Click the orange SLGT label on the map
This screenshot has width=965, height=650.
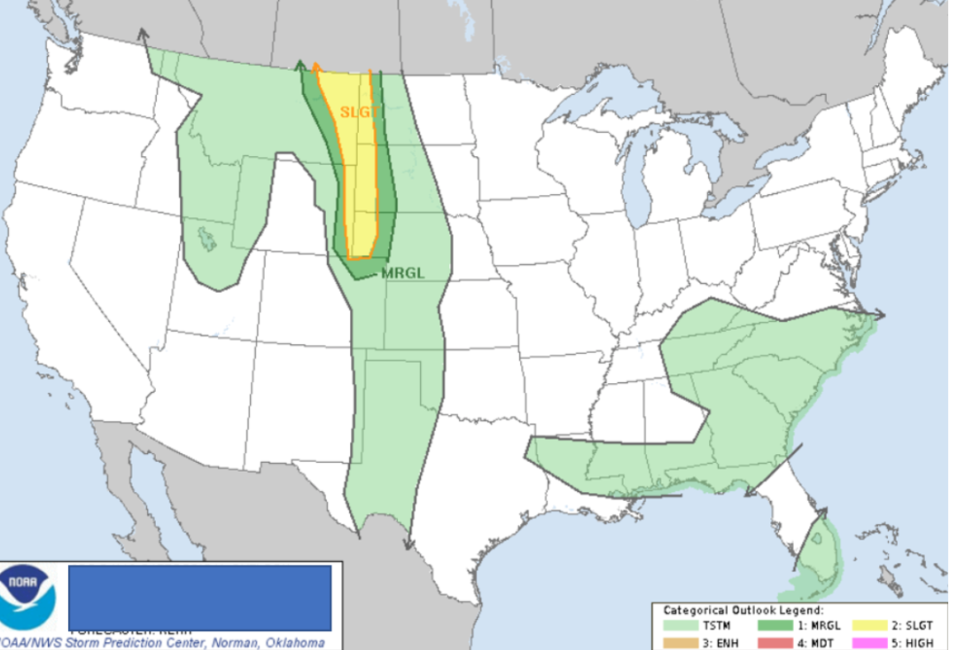pos(360,113)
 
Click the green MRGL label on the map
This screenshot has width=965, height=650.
pos(403,273)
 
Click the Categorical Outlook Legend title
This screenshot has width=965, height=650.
pos(743,611)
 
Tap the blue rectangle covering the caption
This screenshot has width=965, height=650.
pos(199,597)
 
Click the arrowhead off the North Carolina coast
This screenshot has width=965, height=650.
pos(880,314)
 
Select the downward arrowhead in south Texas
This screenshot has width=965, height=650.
pos(408,543)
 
